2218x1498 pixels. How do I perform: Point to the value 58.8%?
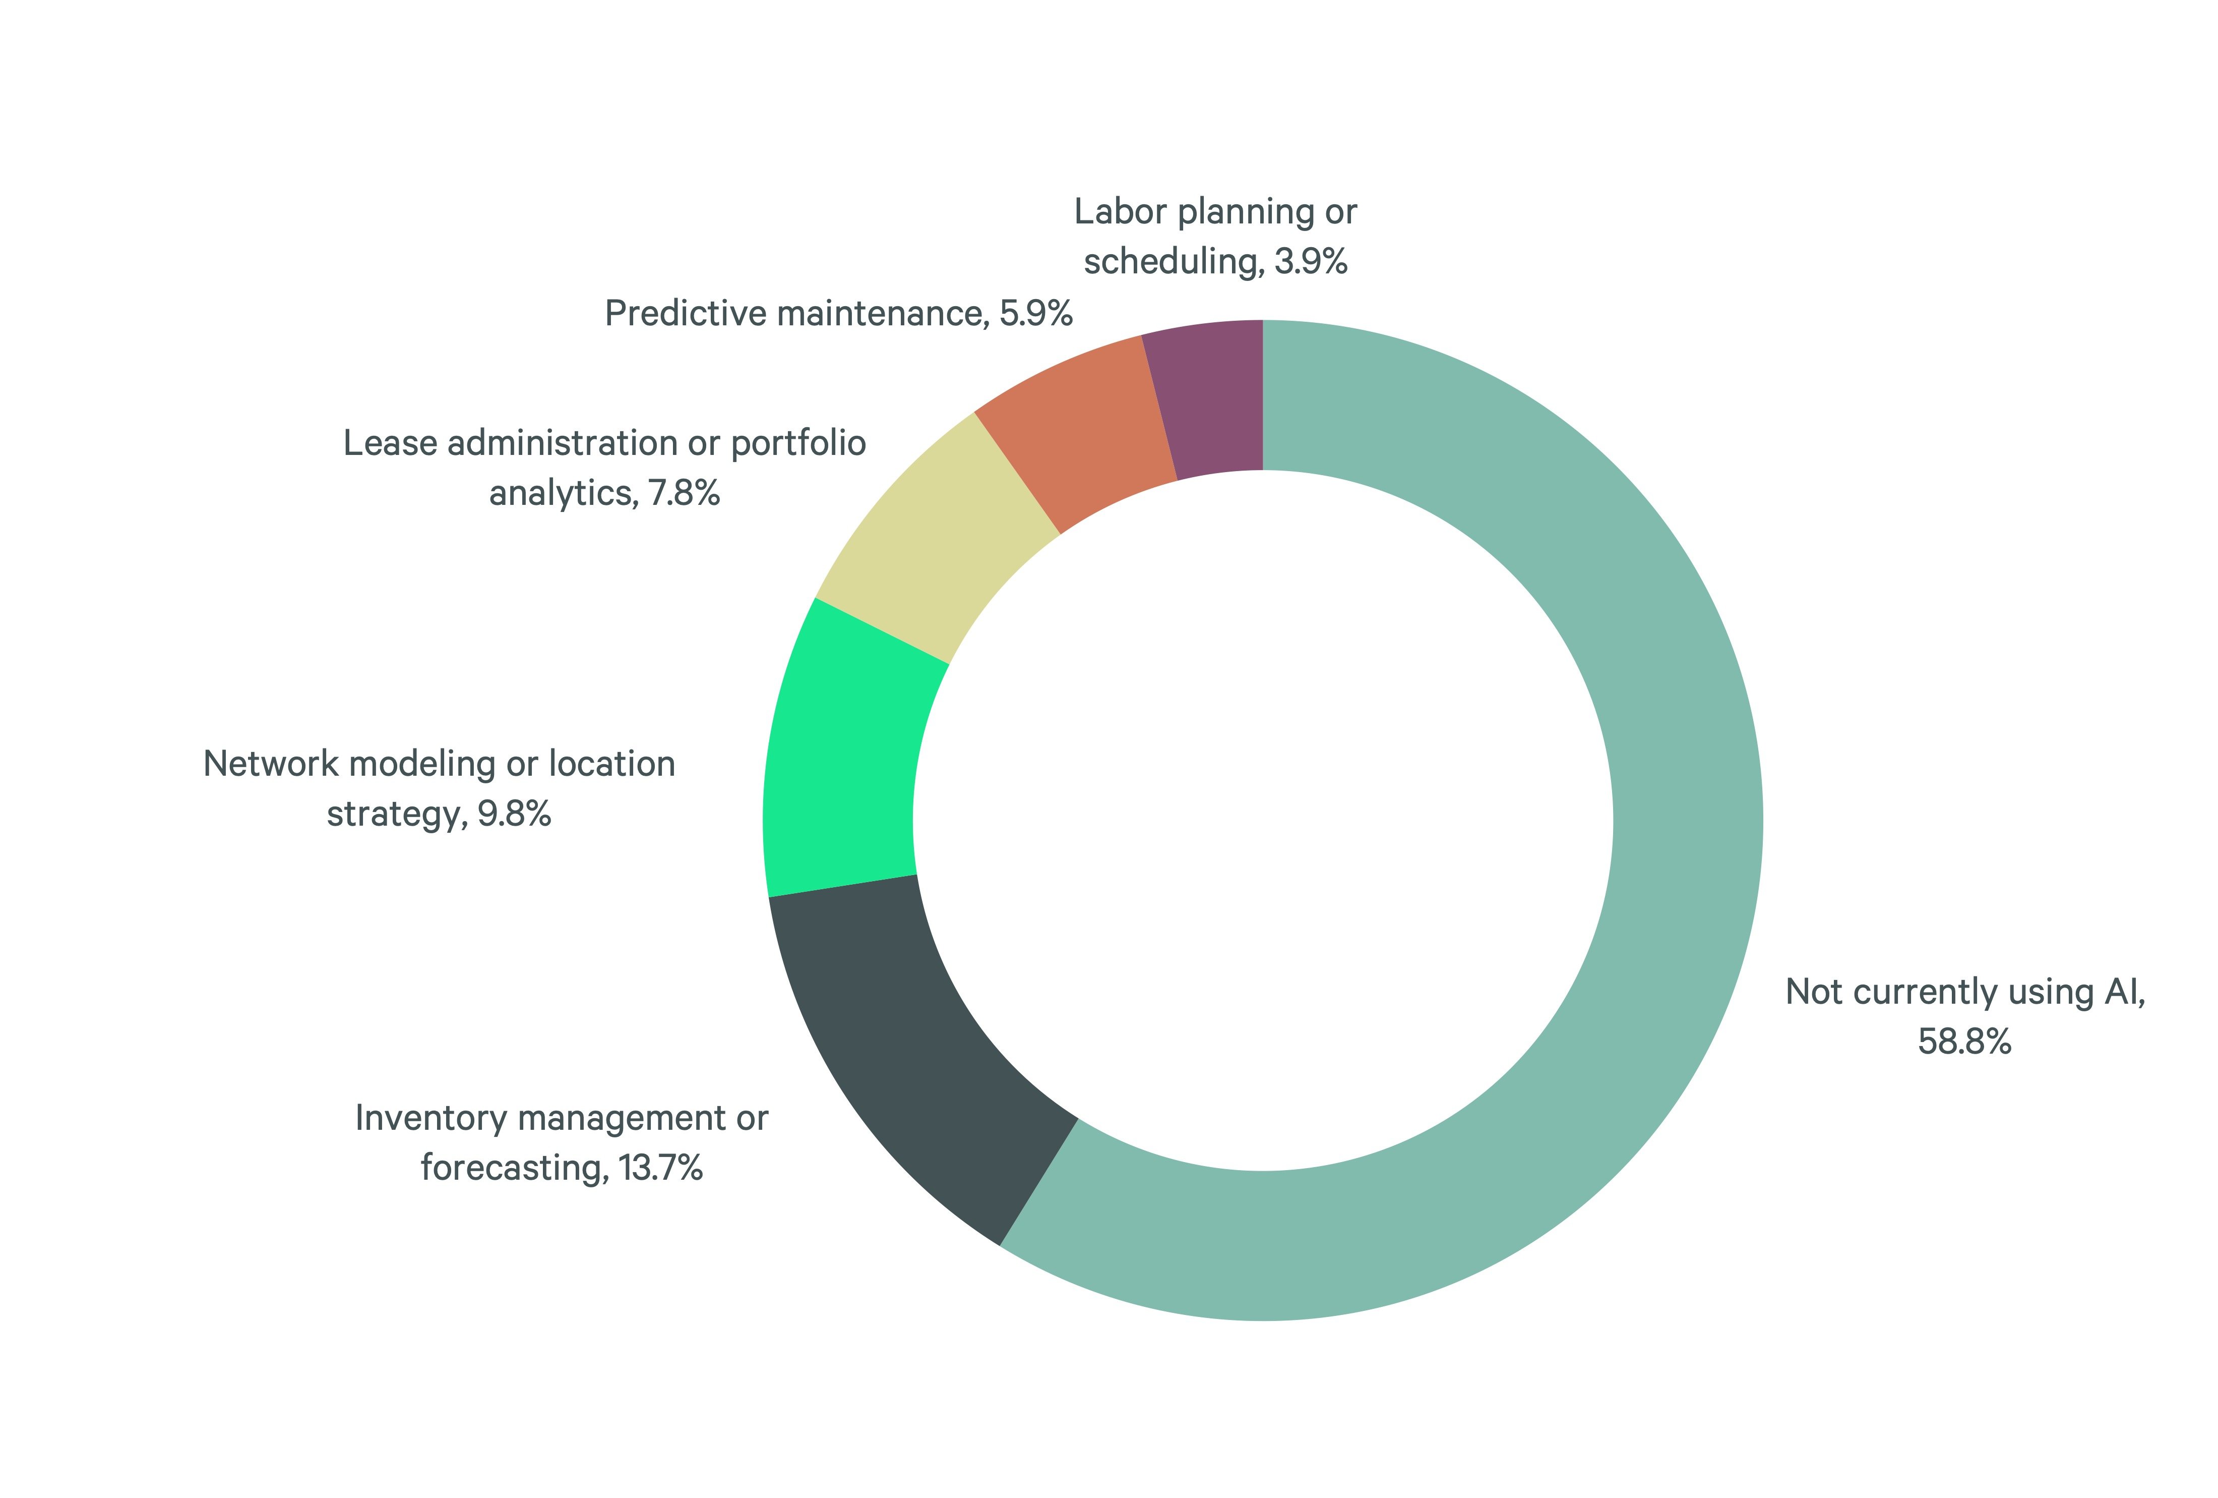click(1964, 1042)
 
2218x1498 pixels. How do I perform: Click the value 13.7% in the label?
click(660, 1168)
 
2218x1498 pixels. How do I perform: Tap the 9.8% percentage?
click(514, 815)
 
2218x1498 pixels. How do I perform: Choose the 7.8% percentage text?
click(684, 494)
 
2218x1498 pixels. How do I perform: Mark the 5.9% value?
click(1035, 314)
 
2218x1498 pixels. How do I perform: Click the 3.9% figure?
click(1310, 262)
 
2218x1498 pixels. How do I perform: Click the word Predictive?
click(686, 314)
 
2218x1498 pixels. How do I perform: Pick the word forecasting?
click(514, 1168)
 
